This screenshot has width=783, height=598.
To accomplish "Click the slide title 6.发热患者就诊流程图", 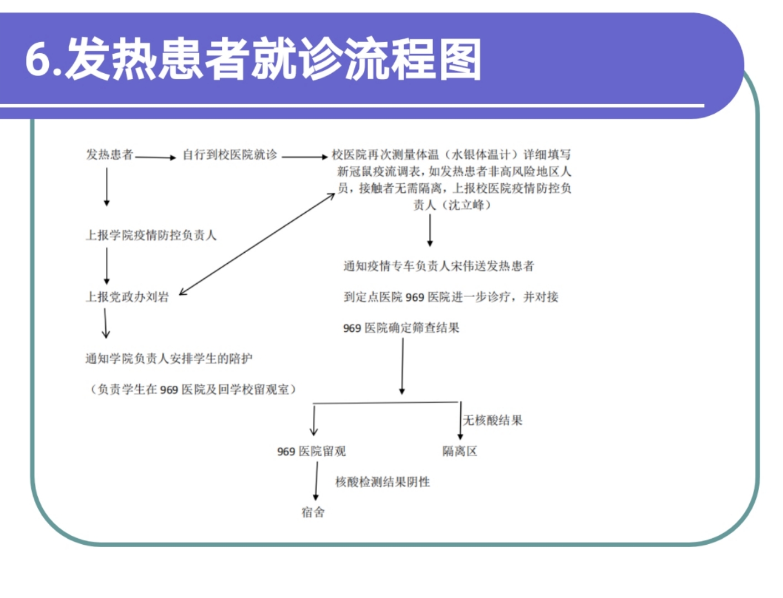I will point(253,59).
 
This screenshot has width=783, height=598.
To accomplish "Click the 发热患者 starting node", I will point(110,154).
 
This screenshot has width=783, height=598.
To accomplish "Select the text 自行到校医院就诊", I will point(230,155).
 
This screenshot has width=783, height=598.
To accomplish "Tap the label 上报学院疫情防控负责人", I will point(151,235).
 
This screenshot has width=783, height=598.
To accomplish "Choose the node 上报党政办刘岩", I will point(127,297).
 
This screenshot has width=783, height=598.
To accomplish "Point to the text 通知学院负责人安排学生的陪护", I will point(169,359).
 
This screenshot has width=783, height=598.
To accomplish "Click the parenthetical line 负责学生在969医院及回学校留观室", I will point(193,390).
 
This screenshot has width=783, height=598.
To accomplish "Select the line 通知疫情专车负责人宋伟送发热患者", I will point(439,266).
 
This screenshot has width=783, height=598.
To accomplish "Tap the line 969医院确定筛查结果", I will point(401,328).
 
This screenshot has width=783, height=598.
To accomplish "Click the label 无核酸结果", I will point(492,420).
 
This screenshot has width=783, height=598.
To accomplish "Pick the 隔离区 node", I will point(460,451).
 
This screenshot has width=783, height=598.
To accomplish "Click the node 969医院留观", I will point(311,451).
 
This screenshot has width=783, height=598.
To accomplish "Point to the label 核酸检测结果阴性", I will point(383,482).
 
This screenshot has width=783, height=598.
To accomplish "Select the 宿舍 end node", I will point(313,512).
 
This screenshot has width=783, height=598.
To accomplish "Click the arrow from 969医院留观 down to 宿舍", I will point(317,481).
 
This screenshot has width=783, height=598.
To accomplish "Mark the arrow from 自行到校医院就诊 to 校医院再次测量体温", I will point(304,157).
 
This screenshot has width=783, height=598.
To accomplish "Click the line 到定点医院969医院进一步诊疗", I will point(450,297).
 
